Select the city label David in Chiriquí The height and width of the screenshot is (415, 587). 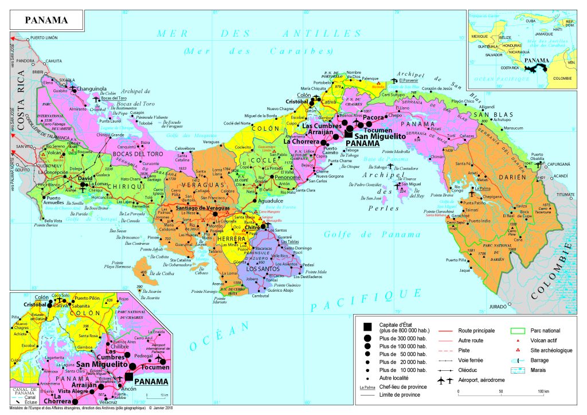coord(85,179)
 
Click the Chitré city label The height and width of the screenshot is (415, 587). coord(253,228)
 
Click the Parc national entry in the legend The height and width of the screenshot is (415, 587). coord(545,331)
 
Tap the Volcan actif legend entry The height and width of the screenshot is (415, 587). coord(542,340)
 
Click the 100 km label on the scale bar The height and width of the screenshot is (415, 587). coord(541,391)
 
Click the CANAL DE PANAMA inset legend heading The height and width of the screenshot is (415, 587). coord(24,377)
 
